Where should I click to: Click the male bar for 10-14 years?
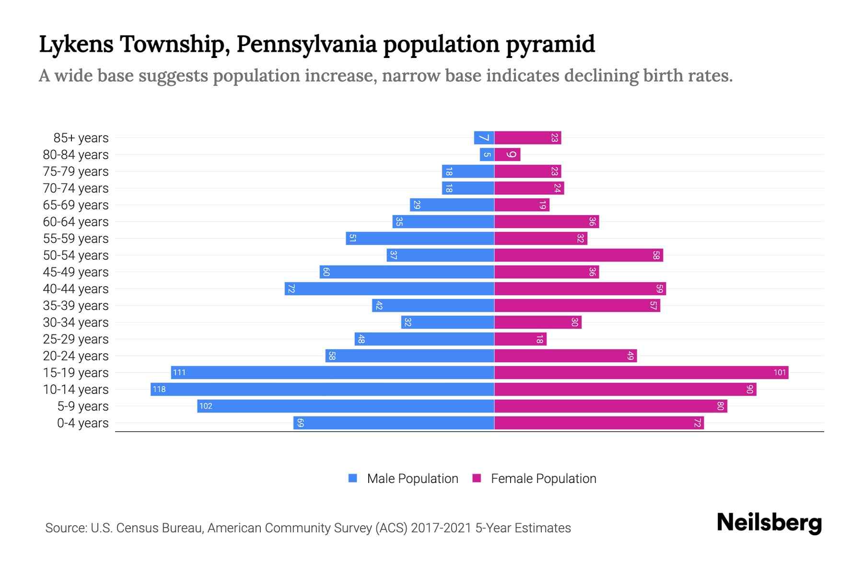(322, 389)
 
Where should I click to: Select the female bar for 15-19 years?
(641, 372)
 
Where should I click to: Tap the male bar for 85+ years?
(484, 138)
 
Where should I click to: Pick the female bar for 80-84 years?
(507, 154)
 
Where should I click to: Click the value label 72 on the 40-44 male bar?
(291, 288)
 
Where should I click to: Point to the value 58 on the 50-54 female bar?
(656, 255)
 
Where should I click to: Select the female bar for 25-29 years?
(520, 339)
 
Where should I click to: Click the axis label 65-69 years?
(76, 205)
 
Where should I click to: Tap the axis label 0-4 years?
(82, 423)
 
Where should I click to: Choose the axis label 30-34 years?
(76, 322)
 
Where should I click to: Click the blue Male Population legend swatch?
(353, 478)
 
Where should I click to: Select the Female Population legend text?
(543, 479)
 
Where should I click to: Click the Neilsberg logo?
(769, 523)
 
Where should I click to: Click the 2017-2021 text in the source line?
(441, 528)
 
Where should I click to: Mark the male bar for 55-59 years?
(420, 238)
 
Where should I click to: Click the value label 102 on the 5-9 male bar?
(206, 406)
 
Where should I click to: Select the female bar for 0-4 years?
(599, 423)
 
